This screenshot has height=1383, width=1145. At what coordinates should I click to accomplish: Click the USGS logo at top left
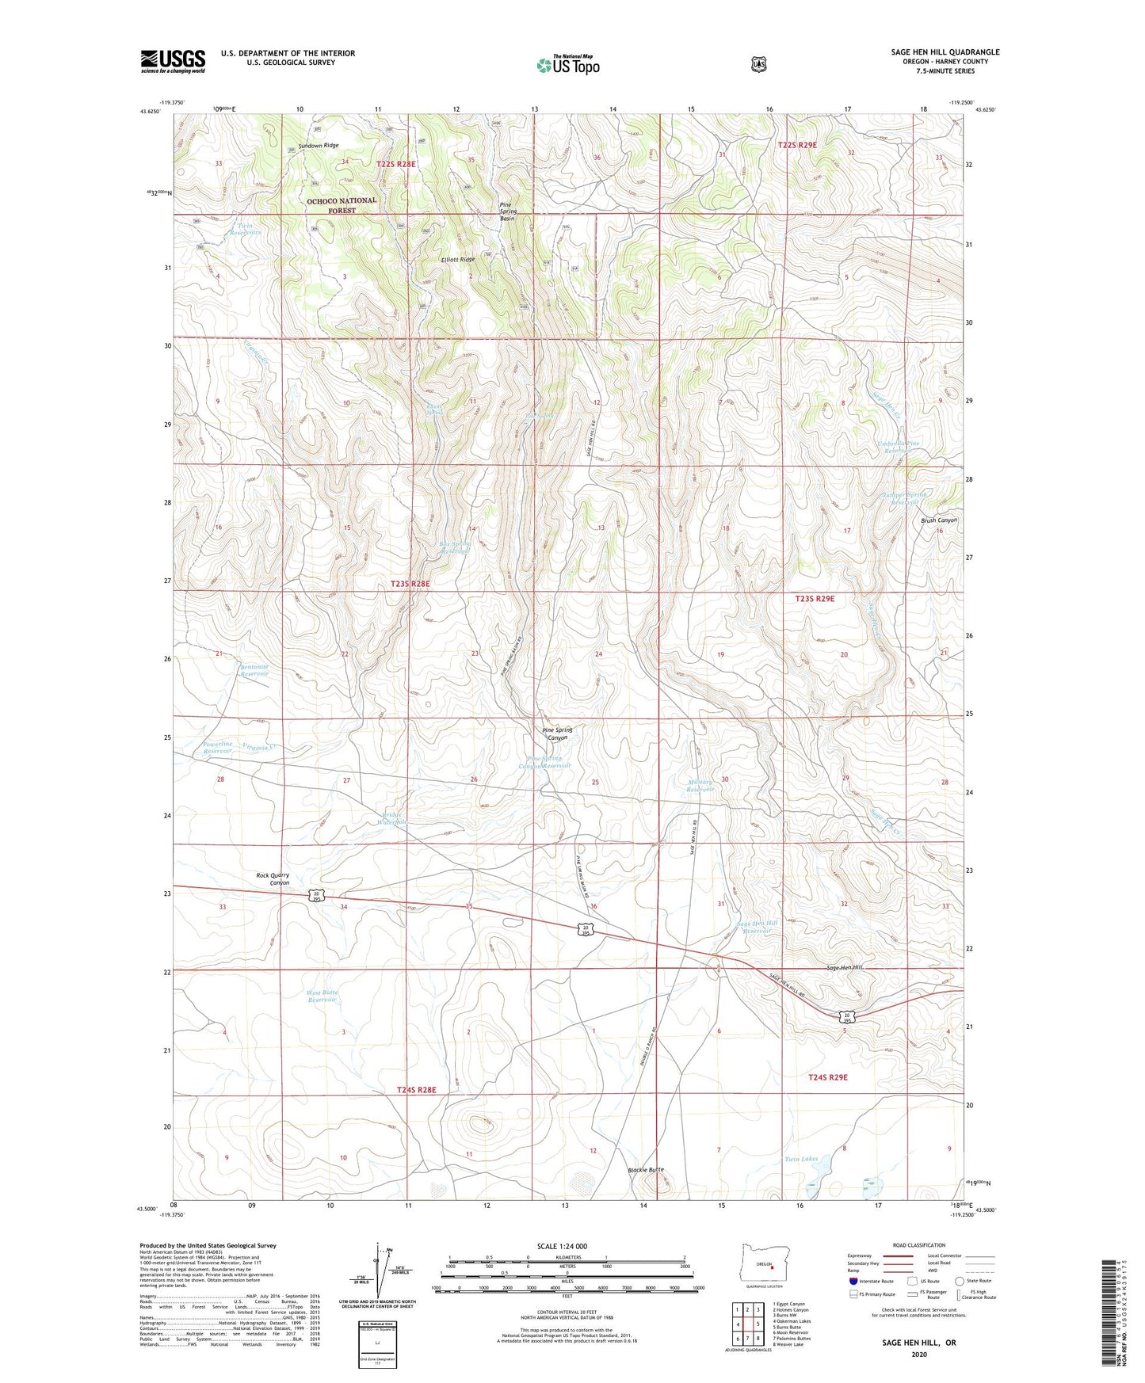(173, 60)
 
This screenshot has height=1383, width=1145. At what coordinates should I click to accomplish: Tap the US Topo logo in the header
(567, 65)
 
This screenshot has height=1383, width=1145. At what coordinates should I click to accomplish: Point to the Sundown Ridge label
(319, 146)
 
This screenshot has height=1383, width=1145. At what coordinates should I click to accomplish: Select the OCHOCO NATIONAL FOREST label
(342, 205)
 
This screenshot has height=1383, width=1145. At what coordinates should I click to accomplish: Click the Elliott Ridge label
(458, 260)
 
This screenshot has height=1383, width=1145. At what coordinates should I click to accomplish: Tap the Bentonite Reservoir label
(254, 670)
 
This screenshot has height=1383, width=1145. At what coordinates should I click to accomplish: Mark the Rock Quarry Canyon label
(273, 878)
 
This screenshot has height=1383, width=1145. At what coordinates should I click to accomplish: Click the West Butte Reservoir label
(322, 996)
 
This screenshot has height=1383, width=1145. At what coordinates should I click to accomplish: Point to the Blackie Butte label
(645, 1170)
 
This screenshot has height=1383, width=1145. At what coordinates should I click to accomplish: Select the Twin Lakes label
(800, 1159)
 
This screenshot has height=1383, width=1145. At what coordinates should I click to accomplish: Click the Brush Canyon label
(938, 520)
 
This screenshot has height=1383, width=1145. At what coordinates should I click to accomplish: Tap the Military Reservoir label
(700, 786)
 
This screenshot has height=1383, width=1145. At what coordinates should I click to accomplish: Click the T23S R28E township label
(410, 584)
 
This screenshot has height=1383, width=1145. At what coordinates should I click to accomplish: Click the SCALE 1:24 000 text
(562, 1246)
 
